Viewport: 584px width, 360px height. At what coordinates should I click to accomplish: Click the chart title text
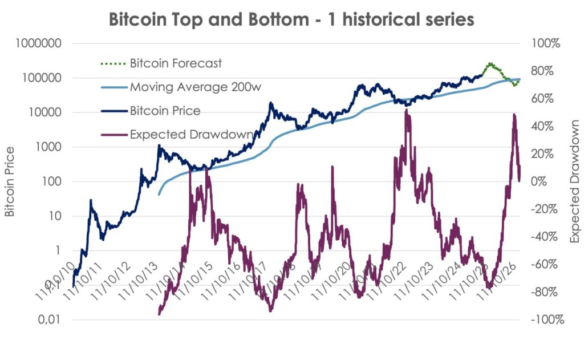pos(291,19)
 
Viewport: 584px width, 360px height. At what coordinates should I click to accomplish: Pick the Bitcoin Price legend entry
pos(165,110)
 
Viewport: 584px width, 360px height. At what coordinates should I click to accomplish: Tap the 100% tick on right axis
pos(546,44)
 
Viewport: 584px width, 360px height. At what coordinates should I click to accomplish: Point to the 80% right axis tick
pos(549,71)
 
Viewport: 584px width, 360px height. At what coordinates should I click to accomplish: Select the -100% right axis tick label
pos(547,319)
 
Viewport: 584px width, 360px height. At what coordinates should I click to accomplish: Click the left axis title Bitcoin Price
pos(10,181)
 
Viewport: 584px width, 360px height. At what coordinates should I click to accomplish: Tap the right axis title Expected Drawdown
pos(574,181)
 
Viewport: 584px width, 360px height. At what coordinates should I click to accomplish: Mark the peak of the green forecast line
pos(489,64)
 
